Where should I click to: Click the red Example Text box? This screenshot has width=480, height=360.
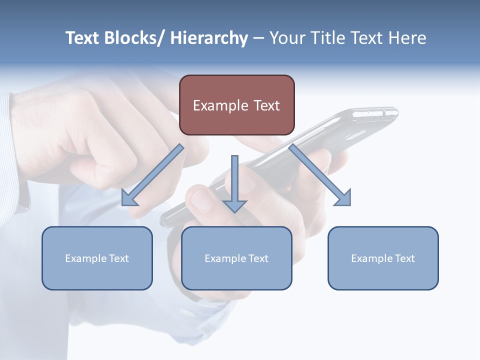(236, 105)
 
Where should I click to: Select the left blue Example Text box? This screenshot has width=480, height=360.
(97, 258)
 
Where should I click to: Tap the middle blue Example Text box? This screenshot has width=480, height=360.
(236, 258)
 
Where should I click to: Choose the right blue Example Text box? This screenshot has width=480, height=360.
(383, 258)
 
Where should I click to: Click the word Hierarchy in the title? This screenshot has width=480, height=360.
(209, 38)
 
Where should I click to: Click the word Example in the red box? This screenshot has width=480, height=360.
(220, 105)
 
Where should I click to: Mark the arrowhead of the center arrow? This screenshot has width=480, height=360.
(234, 205)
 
